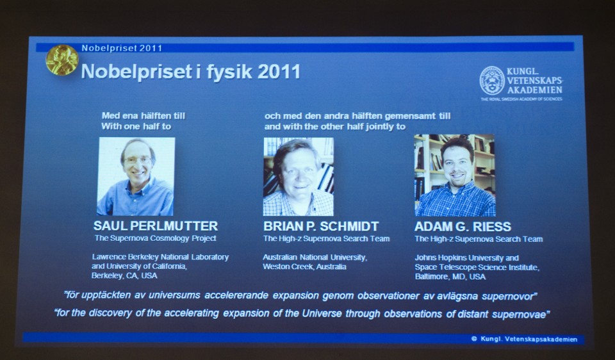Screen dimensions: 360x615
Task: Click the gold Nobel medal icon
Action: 61,60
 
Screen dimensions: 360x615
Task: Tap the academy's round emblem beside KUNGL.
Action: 492,81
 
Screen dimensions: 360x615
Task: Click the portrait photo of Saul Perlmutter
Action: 136,176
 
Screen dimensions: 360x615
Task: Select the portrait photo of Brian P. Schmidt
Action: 299,176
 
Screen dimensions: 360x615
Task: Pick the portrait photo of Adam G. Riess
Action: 455,176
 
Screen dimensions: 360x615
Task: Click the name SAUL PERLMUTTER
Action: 156,226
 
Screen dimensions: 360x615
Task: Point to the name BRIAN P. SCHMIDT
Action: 321,227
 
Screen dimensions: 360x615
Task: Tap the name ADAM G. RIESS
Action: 463,227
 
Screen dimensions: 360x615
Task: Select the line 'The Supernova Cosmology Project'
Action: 156,238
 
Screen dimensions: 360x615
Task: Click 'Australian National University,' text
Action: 315,257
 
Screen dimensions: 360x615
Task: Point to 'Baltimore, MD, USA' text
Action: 450,277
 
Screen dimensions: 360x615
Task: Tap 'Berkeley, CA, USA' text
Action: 124,275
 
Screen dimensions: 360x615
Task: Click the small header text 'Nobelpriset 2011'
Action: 122,48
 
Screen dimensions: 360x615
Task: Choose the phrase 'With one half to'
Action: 136,126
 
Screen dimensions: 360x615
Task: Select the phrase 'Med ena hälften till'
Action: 143,116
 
